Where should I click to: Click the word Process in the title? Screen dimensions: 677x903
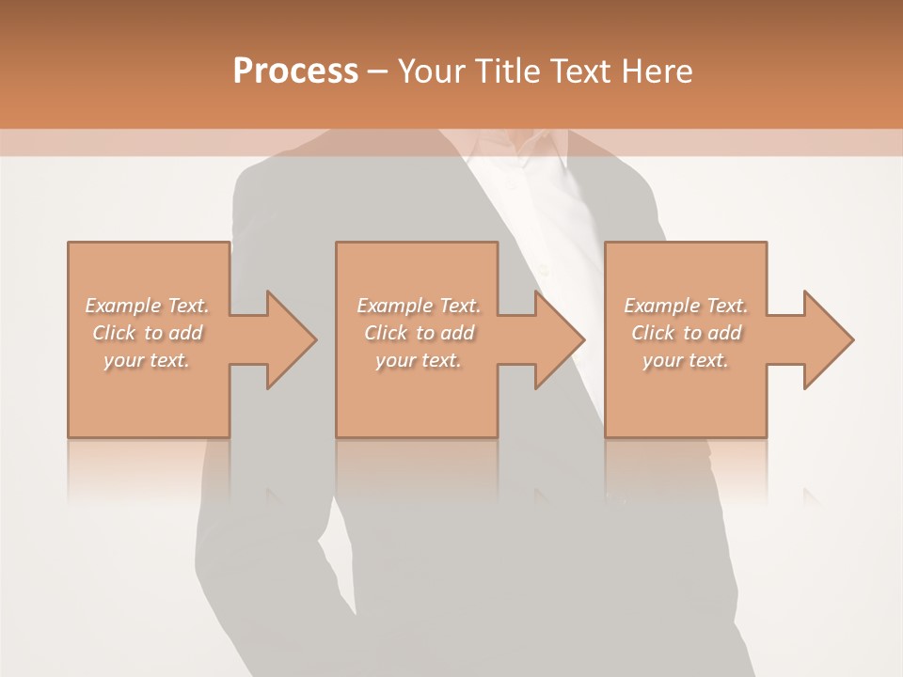[x=295, y=71]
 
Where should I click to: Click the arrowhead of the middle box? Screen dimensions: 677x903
[x=559, y=339]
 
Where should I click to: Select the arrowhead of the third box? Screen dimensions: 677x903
[x=828, y=339]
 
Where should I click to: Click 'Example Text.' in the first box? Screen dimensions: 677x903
[x=147, y=306]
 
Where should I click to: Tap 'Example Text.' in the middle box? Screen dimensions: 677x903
[x=418, y=306]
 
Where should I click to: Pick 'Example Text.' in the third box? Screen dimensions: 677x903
[x=686, y=306]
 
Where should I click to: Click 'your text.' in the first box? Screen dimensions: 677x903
[x=147, y=360]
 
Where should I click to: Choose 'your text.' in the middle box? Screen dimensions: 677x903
[x=418, y=360]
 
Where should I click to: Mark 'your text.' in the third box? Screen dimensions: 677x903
[x=686, y=360]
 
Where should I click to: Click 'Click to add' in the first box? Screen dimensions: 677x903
[x=147, y=333]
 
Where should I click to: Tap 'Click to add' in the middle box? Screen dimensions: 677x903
[x=418, y=333]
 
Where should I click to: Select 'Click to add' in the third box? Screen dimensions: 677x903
[x=686, y=333]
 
